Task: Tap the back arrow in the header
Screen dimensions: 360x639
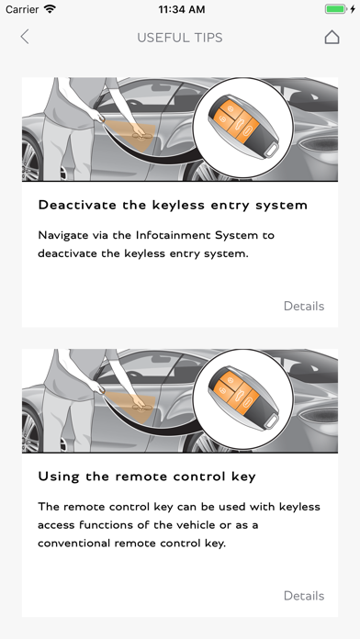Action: (x=25, y=37)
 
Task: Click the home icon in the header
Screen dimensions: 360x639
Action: (x=332, y=37)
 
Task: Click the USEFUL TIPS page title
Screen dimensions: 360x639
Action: (x=180, y=38)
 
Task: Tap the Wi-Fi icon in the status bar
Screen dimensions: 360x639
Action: (x=51, y=9)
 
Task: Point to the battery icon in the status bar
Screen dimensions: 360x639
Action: (x=336, y=9)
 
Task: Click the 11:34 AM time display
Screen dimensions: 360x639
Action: (x=182, y=9)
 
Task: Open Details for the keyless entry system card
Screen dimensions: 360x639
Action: (x=304, y=306)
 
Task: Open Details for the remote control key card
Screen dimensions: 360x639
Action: (x=304, y=596)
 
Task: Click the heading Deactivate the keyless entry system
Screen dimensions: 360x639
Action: (x=173, y=205)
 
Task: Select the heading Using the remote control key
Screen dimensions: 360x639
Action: (x=147, y=476)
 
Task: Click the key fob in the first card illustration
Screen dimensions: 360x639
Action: (x=243, y=127)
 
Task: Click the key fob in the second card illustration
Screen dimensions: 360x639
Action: (x=243, y=398)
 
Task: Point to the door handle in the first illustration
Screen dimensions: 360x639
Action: (x=141, y=136)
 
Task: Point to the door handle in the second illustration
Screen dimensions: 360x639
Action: (x=141, y=407)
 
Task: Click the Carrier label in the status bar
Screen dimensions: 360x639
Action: (x=22, y=9)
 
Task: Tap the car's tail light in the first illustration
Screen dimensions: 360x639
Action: (x=320, y=143)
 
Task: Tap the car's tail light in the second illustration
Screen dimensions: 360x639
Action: (x=320, y=415)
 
